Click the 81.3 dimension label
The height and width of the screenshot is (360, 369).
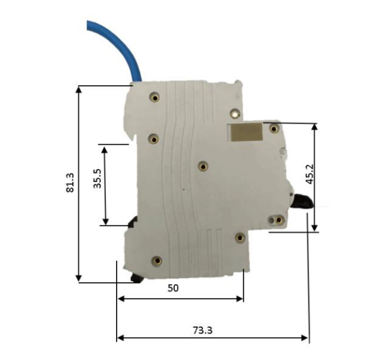(70, 183)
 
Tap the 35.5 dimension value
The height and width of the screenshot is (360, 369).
(98, 178)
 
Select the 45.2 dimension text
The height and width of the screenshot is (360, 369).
(310, 174)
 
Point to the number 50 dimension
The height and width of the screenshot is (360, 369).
(173, 288)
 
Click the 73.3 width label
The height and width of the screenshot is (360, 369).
(202, 330)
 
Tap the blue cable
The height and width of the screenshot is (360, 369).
(118, 47)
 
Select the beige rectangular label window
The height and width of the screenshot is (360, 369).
(245, 132)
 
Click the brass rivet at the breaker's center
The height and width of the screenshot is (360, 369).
(203, 167)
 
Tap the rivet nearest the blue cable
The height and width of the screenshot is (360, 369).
(155, 97)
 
